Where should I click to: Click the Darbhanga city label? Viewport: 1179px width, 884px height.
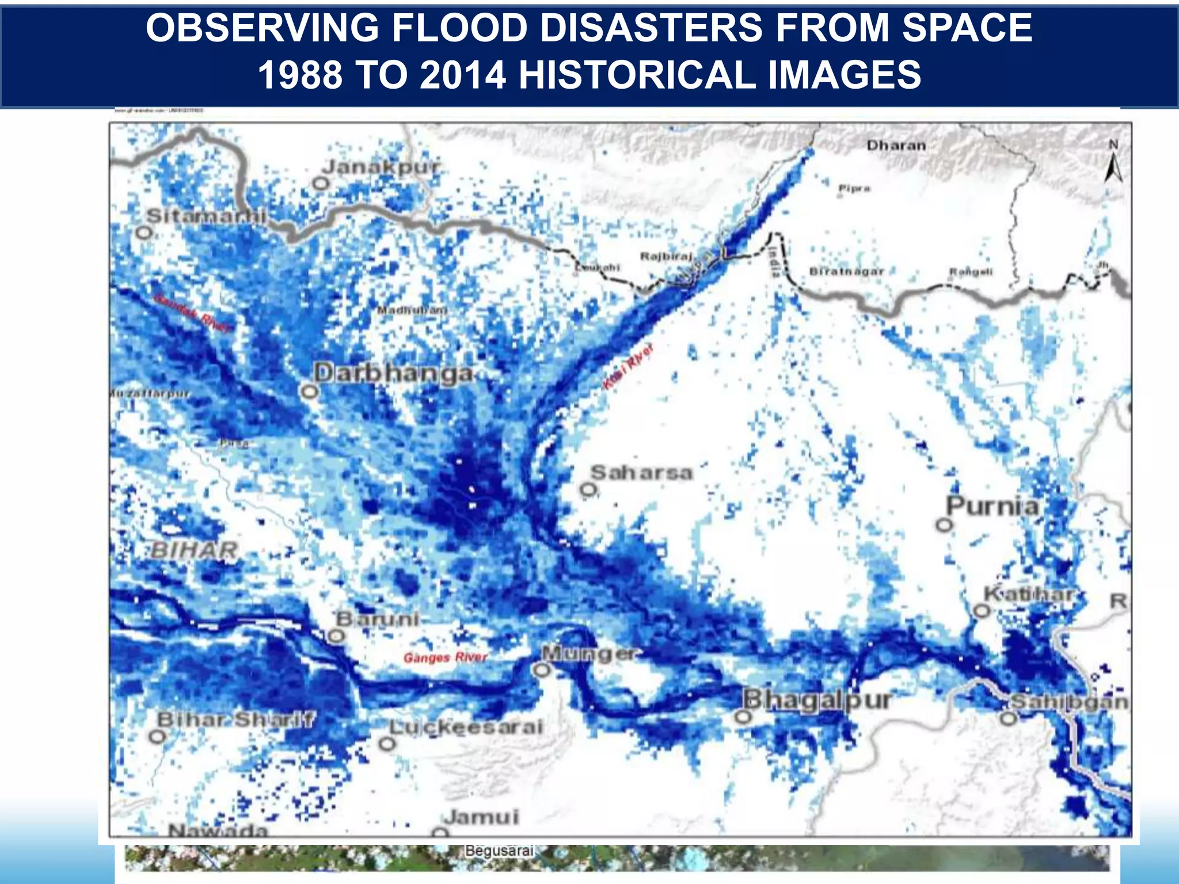point(394,374)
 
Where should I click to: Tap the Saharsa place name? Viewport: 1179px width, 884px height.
point(641,473)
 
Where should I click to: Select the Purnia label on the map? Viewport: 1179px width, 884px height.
point(993,506)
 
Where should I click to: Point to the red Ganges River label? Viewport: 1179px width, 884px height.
point(445,657)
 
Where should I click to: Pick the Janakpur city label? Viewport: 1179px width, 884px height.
point(382,167)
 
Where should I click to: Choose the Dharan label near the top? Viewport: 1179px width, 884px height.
point(896,146)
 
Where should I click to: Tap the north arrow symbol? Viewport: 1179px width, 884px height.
point(1113,162)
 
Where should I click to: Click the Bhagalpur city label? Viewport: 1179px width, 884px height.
point(816,700)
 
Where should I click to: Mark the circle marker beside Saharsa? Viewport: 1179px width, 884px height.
point(588,490)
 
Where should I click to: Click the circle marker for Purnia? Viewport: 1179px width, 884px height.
point(944,525)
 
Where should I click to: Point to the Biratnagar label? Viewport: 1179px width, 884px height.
point(846,271)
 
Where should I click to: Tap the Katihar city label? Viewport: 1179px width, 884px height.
point(1028,594)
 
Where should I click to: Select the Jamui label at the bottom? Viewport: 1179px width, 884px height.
point(481,817)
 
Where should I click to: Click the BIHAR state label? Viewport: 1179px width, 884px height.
point(195,550)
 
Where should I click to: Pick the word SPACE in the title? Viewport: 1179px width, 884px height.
point(967,28)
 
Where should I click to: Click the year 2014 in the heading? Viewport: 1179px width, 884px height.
point(463,75)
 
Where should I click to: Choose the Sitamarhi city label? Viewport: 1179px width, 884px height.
point(206,216)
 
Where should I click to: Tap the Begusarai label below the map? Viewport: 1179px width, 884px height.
point(500,851)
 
